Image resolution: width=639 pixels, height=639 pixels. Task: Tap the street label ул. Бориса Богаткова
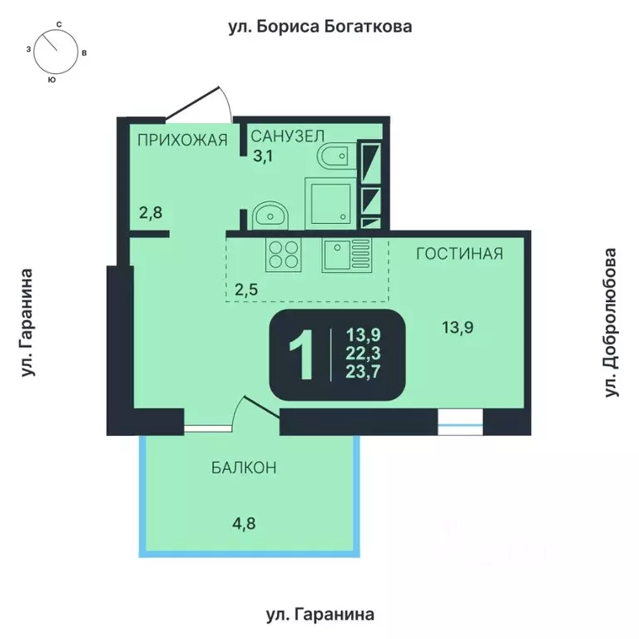pos(320,27)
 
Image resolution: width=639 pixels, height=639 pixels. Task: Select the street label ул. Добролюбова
pos(613,321)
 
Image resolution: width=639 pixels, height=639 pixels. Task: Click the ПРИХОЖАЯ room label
pos(183,140)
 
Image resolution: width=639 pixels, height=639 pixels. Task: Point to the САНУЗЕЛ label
pos(287,136)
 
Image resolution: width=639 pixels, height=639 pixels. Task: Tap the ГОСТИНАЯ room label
pos(459,253)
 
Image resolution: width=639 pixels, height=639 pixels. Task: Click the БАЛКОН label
pos(244,468)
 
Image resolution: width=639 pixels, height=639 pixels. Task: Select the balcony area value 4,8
pos(244,524)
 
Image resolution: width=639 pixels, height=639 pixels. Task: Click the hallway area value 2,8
pos(151,212)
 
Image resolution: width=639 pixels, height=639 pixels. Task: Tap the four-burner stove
pos(283,254)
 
